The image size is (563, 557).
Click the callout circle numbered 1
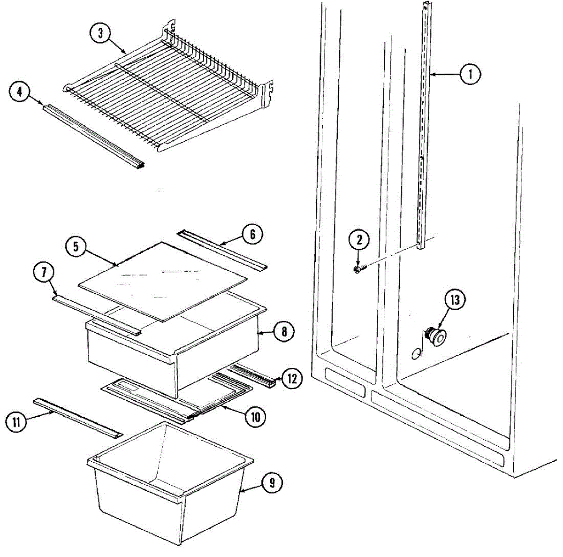pos(470,74)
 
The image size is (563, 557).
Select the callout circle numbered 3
pos(100,33)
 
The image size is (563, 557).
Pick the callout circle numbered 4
pos(19,92)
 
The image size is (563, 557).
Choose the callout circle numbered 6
pos(252,234)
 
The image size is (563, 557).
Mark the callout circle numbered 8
pos(284,332)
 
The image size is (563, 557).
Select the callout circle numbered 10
pos(255,417)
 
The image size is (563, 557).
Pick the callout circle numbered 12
pos(292,379)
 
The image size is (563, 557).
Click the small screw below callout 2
pos(358,269)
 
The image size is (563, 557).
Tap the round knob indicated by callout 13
pos(436,336)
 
